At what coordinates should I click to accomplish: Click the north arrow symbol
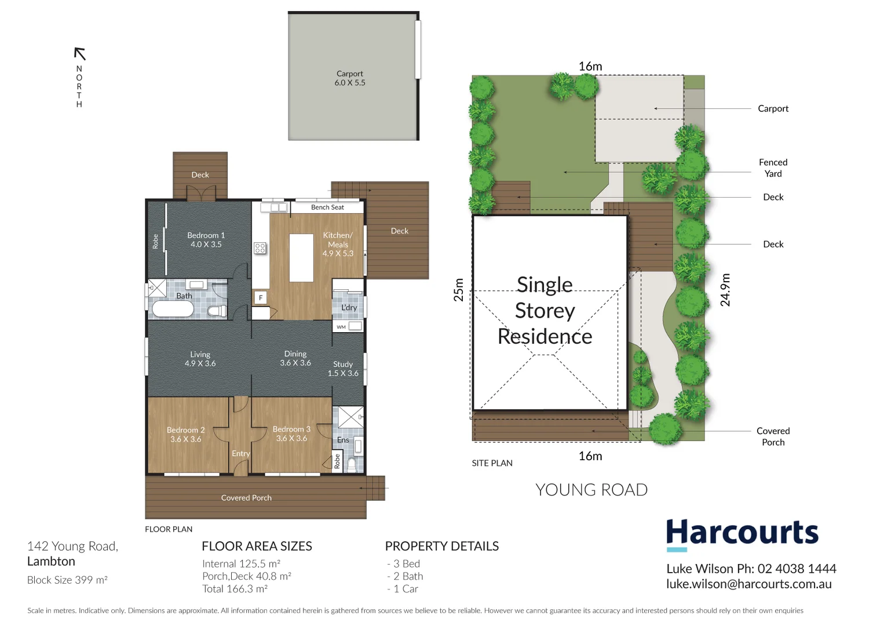click(80, 54)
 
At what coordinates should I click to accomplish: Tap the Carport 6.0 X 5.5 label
click(350, 78)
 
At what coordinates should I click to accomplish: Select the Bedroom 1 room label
click(206, 239)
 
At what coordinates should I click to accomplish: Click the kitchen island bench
click(301, 257)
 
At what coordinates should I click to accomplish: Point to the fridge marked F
click(261, 297)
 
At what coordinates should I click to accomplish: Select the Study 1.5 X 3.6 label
click(343, 369)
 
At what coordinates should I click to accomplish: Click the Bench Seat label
click(327, 207)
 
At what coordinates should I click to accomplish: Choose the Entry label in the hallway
click(240, 453)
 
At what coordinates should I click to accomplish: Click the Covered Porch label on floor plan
click(246, 497)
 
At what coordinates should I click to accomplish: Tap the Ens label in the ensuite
click(343, 440)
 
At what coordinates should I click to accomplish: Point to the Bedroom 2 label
click(185, 434)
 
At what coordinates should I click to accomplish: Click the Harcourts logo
click(741, 533)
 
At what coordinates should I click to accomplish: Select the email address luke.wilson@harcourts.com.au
click(748, 584)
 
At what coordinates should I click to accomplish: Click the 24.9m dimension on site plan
click(725, 289)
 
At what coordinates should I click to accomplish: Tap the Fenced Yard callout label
click(773, 168)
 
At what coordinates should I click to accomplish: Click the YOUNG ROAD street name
click(591, 490)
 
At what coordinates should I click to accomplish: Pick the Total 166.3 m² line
click(235, 589)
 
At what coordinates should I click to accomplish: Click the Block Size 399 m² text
click(67, 580)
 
